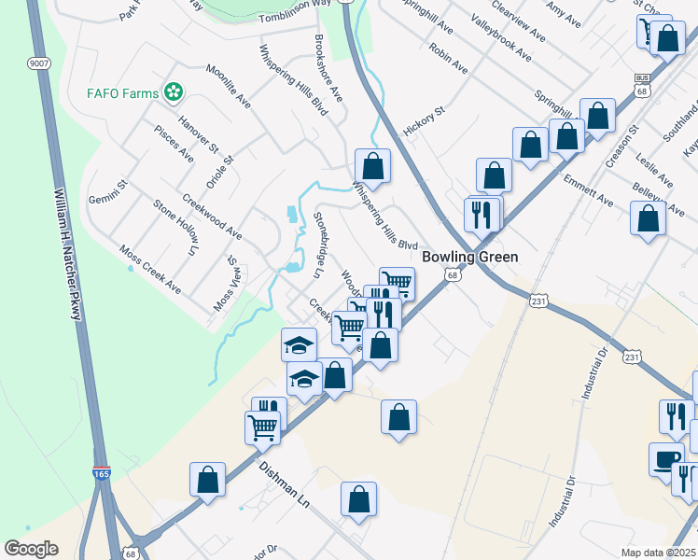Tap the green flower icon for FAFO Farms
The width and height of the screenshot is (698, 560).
(172, 91)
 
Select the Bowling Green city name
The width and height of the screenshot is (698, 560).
(469, 256)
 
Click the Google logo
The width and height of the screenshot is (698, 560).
(31, 549)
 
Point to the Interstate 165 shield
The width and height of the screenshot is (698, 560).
(102, 474)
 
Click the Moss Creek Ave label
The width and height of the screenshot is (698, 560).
(150, 269)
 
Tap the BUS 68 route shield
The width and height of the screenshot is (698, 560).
(641, 87)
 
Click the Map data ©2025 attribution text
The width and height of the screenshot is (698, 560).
(659, 552)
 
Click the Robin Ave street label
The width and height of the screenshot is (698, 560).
(449, 57)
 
